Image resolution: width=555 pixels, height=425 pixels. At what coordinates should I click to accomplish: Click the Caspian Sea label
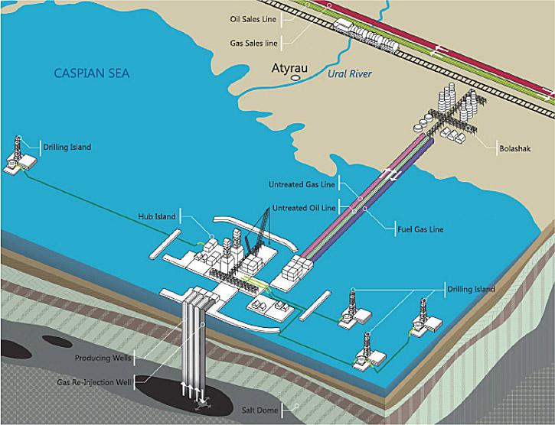pos(92,73)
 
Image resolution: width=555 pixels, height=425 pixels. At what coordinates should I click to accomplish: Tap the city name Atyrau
pos(290,68)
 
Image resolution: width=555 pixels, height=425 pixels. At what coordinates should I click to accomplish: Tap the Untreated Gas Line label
pos(301,184)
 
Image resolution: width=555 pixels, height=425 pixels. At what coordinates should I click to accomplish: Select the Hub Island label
pos(157,216)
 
